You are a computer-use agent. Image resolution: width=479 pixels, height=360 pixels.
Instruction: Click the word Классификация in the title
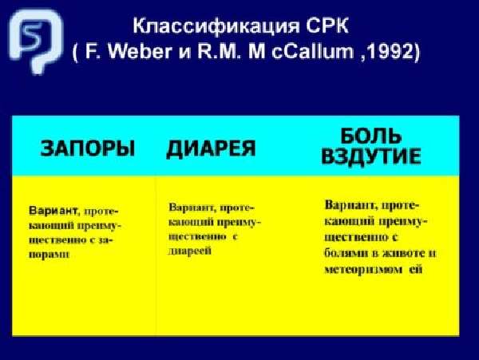[x=216, y=26]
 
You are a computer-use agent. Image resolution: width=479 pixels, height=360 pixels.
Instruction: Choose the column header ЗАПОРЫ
[x=88, y=148]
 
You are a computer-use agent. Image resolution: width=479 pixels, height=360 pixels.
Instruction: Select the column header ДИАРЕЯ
[x=211, y=149]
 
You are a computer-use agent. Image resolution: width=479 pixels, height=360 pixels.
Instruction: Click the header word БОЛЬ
[x=371, y=136]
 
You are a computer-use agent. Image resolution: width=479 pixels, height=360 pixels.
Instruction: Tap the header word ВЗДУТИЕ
[x=371, y=156]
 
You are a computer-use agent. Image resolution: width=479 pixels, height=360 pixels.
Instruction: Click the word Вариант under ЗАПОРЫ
[x=53, y=211]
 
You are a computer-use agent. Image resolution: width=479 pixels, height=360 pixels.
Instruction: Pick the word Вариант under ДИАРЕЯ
[x=192, y=208]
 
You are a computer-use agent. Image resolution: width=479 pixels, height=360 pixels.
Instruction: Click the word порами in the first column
[x=49, y=255]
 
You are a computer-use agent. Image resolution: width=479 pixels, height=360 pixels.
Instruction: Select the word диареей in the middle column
[x=190, y=251]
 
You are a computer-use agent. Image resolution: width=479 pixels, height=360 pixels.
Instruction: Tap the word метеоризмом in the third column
[x=363, y=270]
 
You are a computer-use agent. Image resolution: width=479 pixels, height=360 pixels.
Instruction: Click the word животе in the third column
[x=403, y=253]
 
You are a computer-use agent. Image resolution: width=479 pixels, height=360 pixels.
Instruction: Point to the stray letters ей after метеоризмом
[x=416, y=270]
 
